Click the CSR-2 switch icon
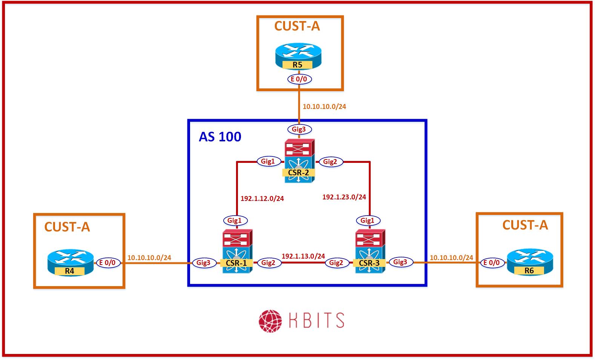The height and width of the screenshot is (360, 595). pyautogui.click(x=299, y=161)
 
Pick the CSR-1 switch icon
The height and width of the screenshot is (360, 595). pyautogui.click(x=237, y=251)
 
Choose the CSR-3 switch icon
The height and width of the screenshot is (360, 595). pyautogui.click(x=370, y=251)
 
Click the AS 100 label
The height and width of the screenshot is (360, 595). pyautogui.click(x=220, y=136)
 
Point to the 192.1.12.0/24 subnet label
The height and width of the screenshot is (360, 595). pyautogui.click(x=262, y=198)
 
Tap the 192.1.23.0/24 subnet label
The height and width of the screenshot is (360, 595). pyautogui.click(x=344, y=197)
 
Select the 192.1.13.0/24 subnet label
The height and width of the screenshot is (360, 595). pyautogui.click(x=303, y=256)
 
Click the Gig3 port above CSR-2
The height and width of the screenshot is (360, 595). pyautogui.click(x=299, y=129)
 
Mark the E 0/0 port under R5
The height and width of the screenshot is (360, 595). pyautogui.click(x=299, y=79)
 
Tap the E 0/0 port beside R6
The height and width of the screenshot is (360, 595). pyautogui.click(x=492, y=262)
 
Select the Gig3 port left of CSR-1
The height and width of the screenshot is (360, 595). pyautogui.click(x=204, y=263)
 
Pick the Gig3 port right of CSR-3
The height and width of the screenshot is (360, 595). pyautogui.click(x=400, y=262)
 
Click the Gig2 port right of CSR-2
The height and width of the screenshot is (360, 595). pyautogui.click(x=330, y=162)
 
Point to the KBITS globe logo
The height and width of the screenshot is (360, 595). pyautogui.click(x=270, y=321)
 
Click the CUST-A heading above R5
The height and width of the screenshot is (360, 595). pyautogui.click(x=297, y=26)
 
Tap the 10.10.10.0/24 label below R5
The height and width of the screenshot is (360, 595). pyautogui.click(x=324, y=106)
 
